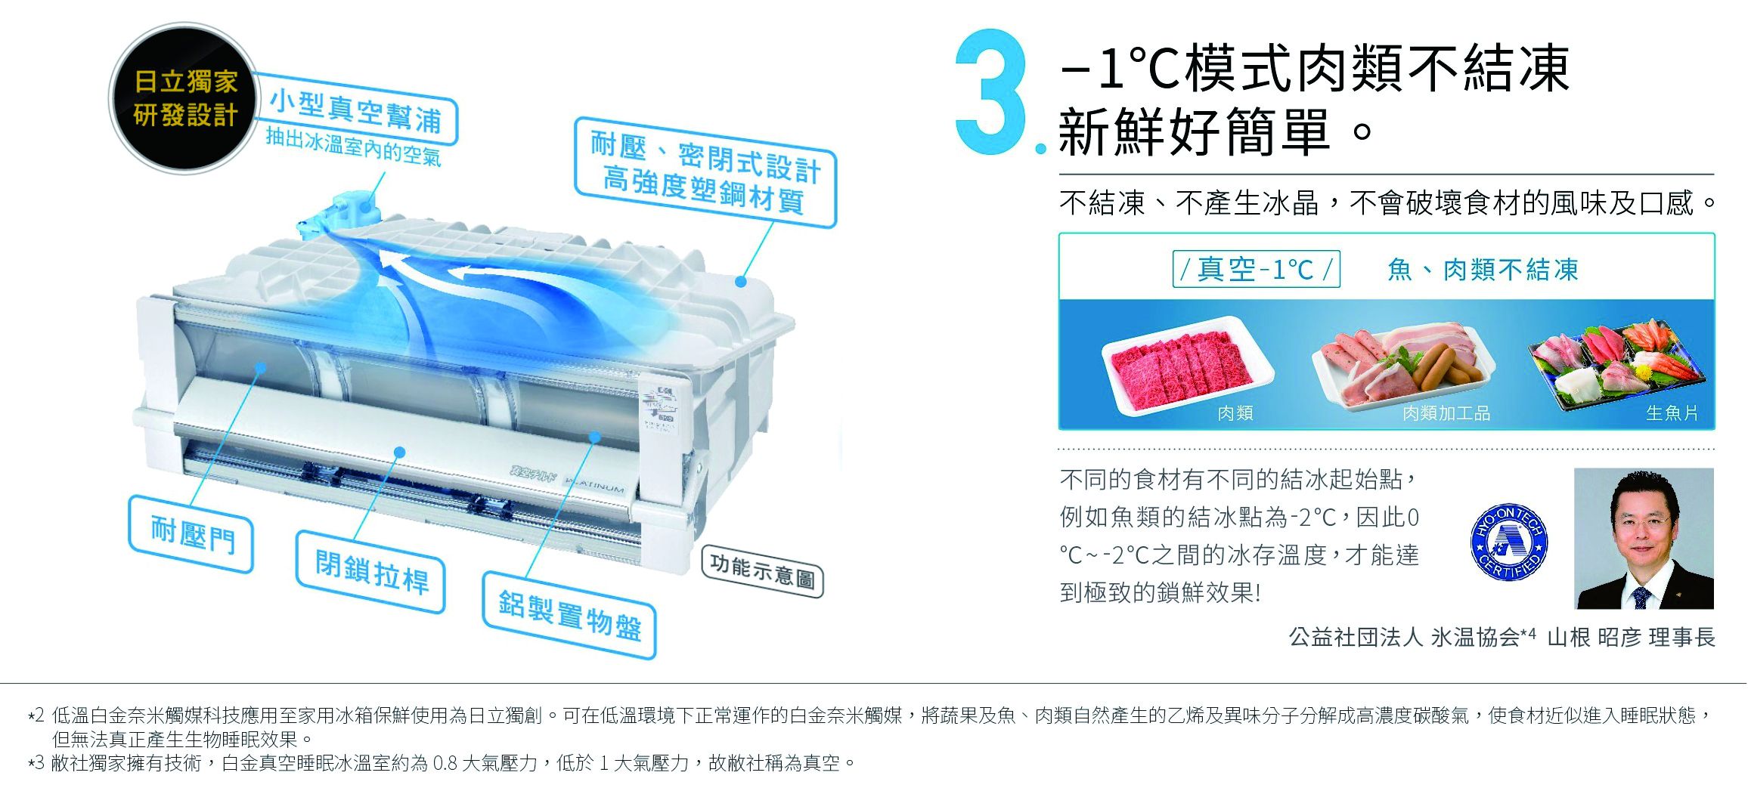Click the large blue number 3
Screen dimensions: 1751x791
coord(992,92)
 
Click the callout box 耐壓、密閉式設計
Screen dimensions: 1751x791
coord(705,172)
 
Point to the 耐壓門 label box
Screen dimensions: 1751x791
coord(192,533)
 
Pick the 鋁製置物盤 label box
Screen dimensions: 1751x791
coord(569,614)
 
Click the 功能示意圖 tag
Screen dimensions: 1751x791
coord(763,570)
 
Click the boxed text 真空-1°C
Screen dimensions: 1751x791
coord(1256,269)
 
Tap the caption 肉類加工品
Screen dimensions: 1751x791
coord(1446,413)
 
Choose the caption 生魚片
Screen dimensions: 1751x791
coord(1672,413)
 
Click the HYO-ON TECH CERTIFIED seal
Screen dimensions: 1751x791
coord(1509,542)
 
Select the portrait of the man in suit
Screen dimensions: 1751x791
coord(1644,538)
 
